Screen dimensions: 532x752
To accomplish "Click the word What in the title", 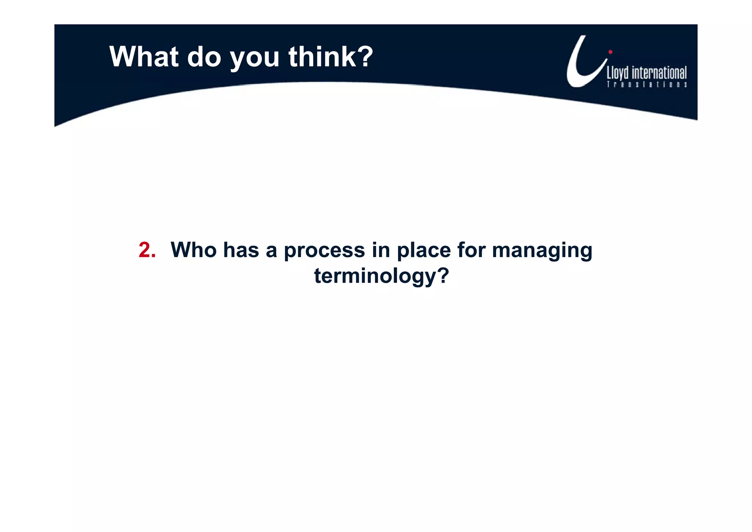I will pyautogui.click(x=144, y=57).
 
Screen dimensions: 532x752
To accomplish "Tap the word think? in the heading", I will pyautogui.click(x=330, y=57).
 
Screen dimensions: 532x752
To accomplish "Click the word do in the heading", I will pyautogui.click(x=204, y=57).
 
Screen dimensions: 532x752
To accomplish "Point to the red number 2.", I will pyautogui.click(x=147, y=250).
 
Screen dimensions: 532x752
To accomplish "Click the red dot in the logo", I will pyautogui.click(x=610, y=52).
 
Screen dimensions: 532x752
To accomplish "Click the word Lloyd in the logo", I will pyautogui.click(x=618, y=73).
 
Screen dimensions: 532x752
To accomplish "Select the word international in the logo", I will pyautogui.click(x=659, y=73).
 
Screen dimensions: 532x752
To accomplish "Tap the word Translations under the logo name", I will pyautogui.click(x=647, y=85).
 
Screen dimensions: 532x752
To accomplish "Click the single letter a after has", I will pyautogui.click(x=271, y=251).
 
